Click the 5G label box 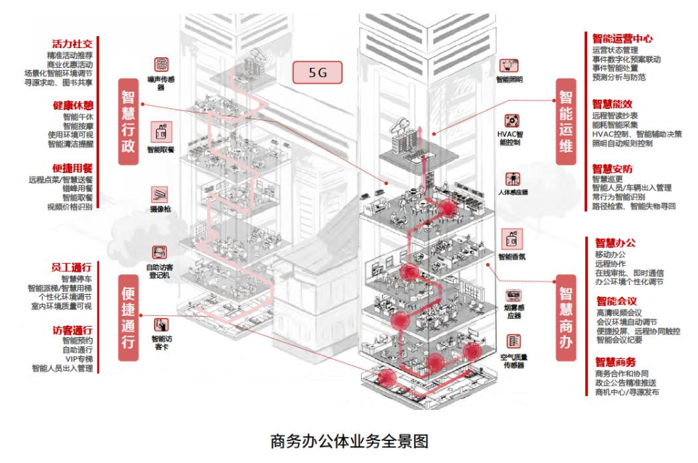click(x=318, y=72)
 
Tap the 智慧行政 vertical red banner click(x=128, y=122)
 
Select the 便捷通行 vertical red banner click(x=128, y=317)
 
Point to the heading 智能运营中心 click(x=622, y=39)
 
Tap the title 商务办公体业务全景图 click(x=349, y=442)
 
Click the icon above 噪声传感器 click(x=161, y=64)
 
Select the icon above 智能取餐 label click(x=161, y=131)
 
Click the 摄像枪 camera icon click(x=160, y=194)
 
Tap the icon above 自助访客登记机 click(x=160, y=252)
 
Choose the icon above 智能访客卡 click(x=162, y=325)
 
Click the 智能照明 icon click(x=509, y=66)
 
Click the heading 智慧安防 click(x=612, y=169)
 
